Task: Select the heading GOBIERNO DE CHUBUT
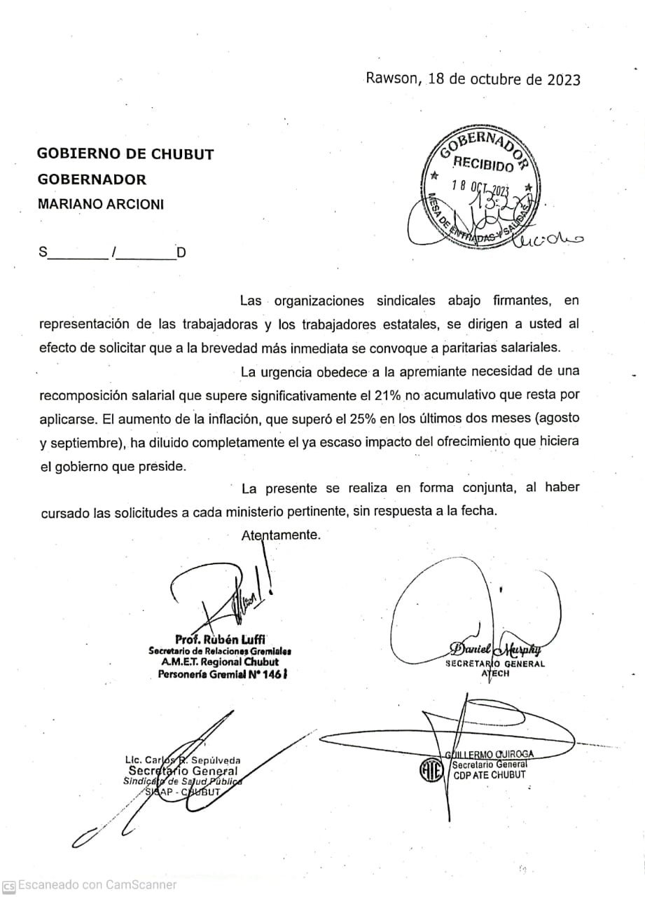click(125, 154)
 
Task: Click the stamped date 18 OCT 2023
click(482, 187)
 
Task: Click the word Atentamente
click(281, 535)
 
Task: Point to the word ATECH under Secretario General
click(495, 673)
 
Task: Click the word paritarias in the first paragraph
click(448, 348)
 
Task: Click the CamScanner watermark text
click(97, 884)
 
